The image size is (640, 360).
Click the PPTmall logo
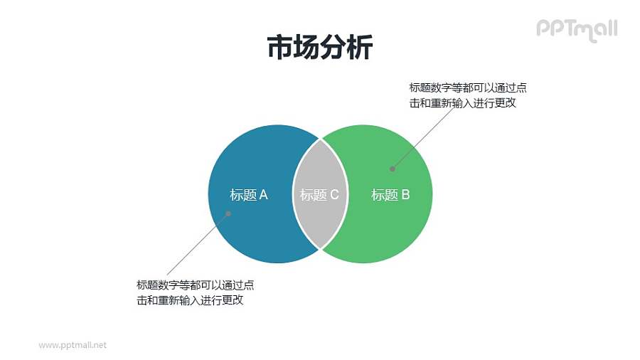click(x=576, y=29)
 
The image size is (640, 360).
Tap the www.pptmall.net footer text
click(x=73, y=345)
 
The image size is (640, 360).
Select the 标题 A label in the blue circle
click(x=249, y=195)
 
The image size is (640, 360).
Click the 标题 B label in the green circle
click(x=390, y=195)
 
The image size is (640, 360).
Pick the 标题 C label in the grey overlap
click(x=319, y=195)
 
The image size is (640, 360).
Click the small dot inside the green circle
click(x=392, y=169)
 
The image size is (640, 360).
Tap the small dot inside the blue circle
click(x=229, y=213)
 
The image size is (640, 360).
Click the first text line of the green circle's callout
click(x=468, y=88)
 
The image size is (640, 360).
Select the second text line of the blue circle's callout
click(x=190, y=300)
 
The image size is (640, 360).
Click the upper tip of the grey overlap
click(x=320, y=137)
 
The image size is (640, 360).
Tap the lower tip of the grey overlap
click(x=320, y=248)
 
